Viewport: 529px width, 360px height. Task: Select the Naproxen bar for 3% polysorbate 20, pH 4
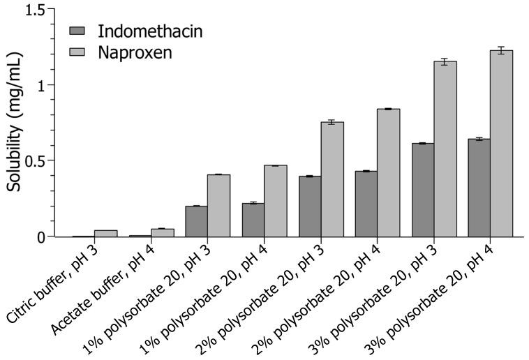(x=501, y=144)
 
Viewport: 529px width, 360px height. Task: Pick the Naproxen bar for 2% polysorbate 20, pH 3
(x=332, y=179)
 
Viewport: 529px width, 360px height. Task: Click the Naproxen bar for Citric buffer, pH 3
(x=106, y=233)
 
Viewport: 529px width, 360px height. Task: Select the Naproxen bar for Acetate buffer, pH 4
(x=163, y=232)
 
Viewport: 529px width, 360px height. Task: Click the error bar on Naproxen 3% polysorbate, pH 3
(x=445, y=62)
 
